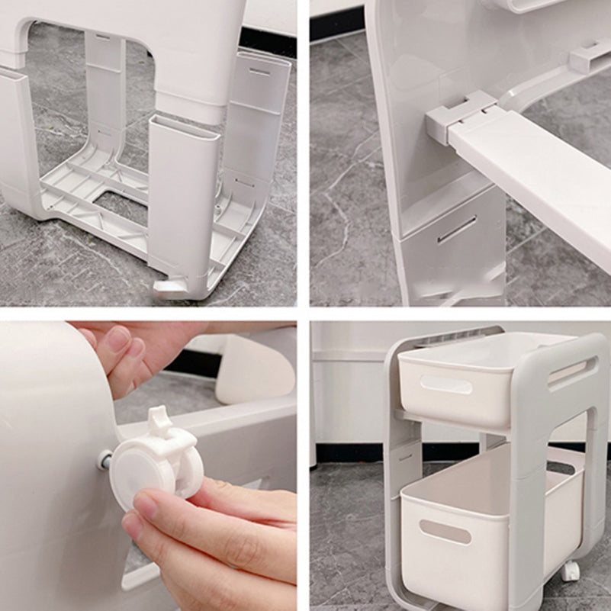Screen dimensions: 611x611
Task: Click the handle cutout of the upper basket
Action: click(445, 384)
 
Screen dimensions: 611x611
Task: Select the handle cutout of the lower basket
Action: click(445, 532)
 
